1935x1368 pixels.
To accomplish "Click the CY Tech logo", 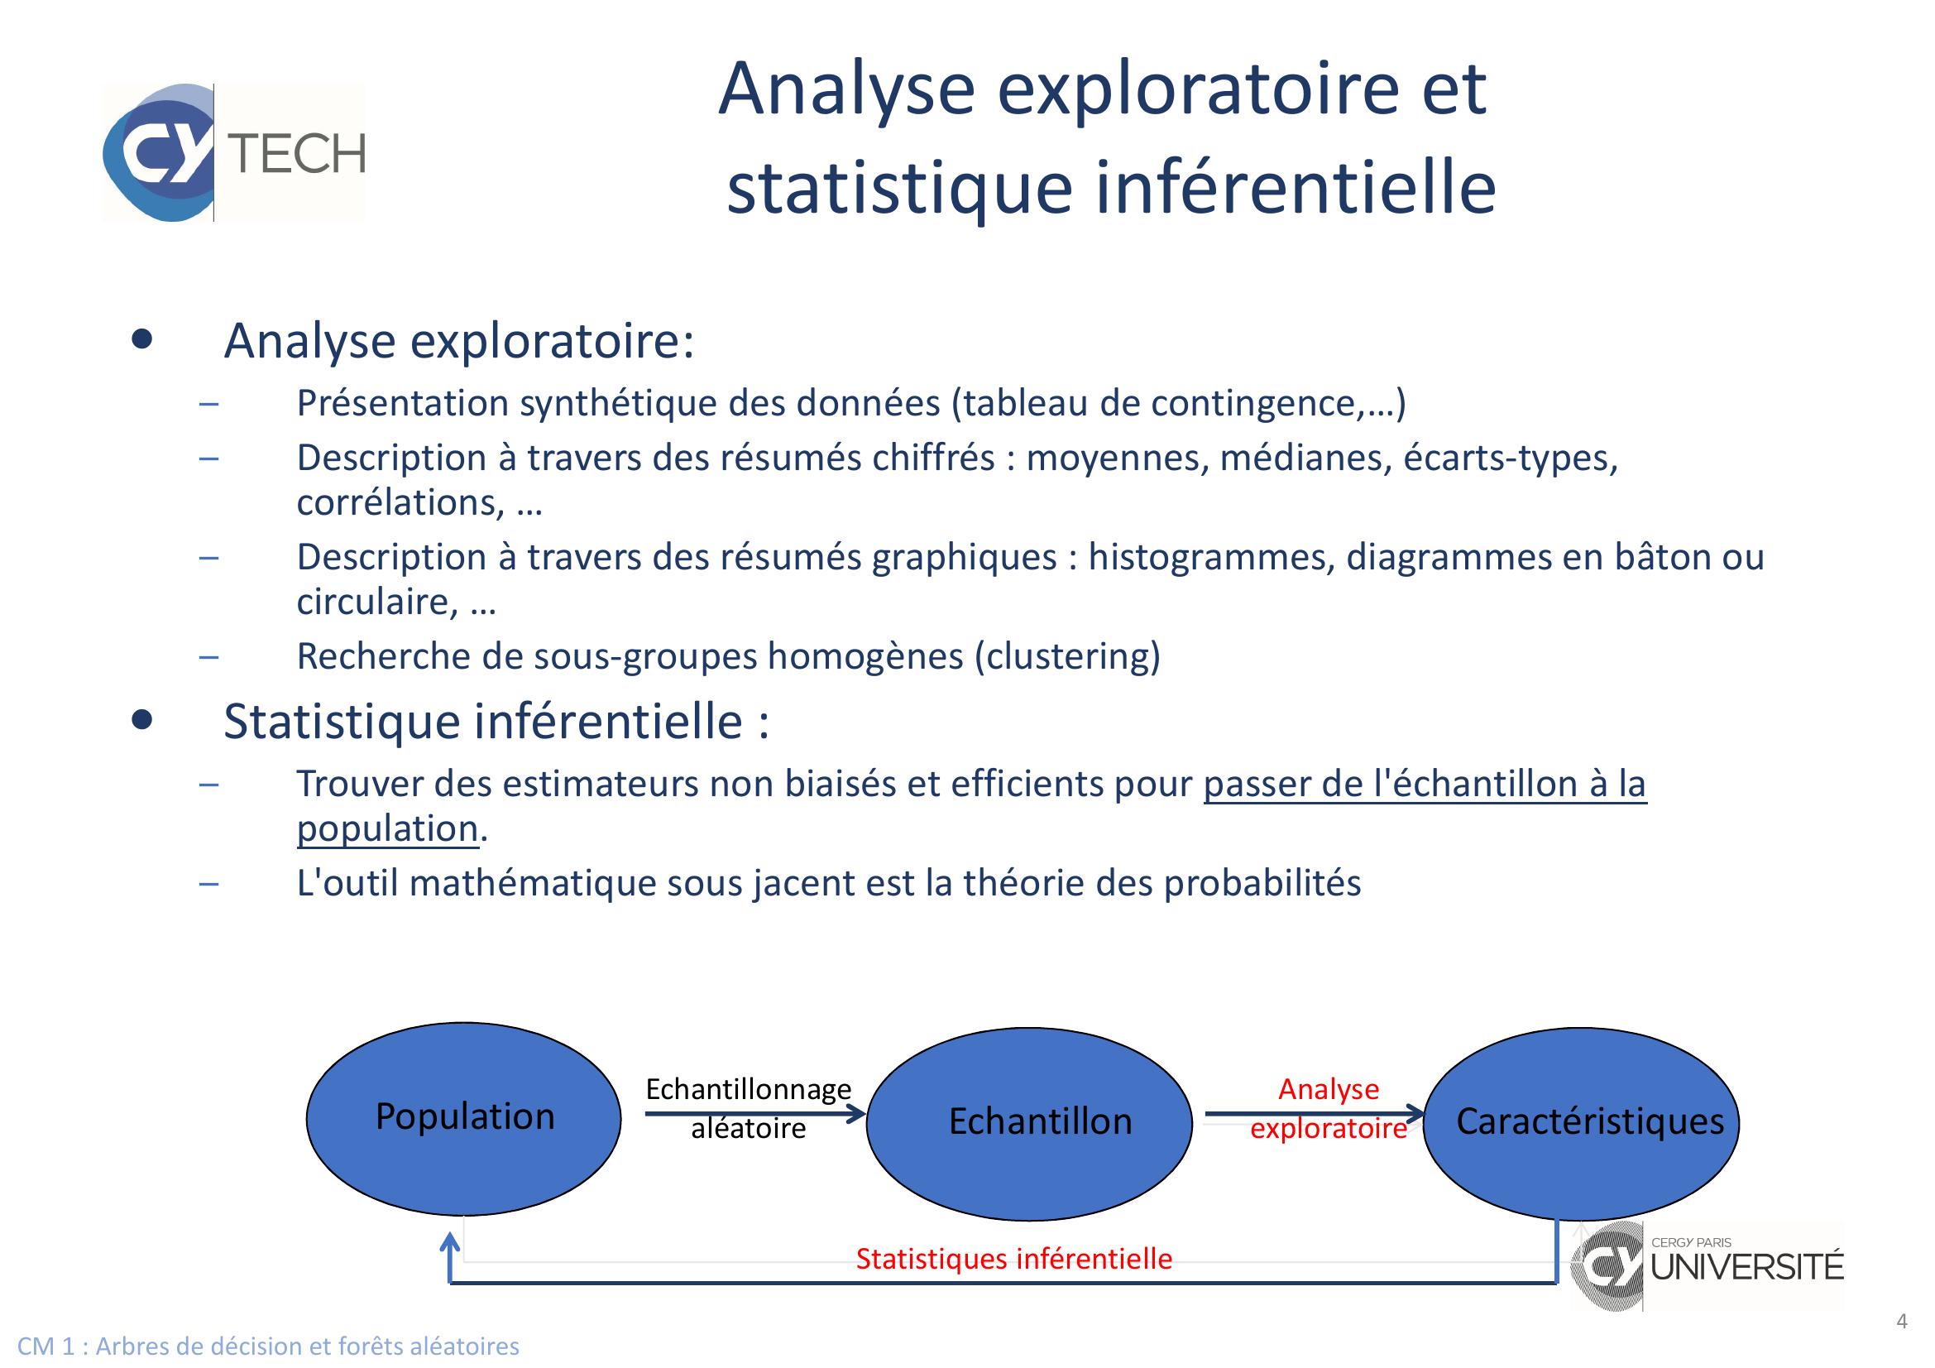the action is (x=234, y=152).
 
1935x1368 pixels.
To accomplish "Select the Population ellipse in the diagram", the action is (x=463, y=1119).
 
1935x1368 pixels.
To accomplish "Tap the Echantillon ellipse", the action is (x=1030, y=1125).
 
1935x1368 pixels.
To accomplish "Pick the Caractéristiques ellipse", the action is (x=1581, y=1124).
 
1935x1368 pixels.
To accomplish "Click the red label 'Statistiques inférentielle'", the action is (x=1014, y=1259).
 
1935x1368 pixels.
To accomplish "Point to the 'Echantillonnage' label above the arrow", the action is (x=749, y=1089).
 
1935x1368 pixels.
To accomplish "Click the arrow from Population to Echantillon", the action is (x=756, y=1114).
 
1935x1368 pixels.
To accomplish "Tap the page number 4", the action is (x=1901, y=1320).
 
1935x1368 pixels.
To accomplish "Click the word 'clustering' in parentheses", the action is (x=1068, y=655).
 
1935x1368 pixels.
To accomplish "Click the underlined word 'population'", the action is (x=388, y=829).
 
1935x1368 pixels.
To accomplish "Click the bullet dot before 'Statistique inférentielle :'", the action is (x=142, y=719).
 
